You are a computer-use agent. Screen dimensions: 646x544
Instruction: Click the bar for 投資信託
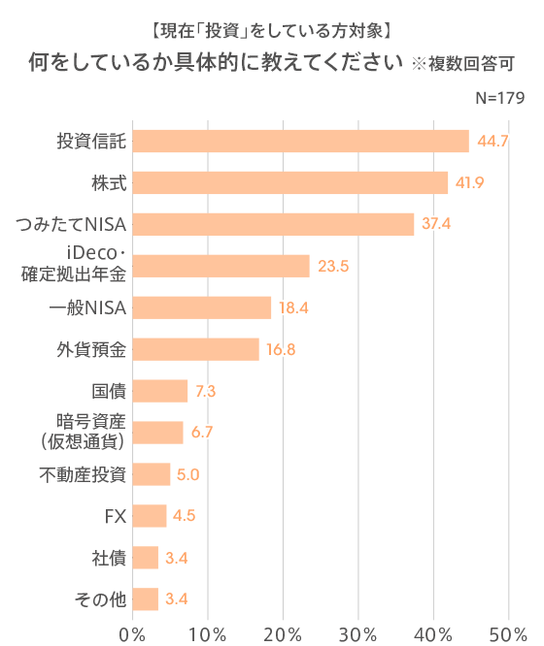(300, 142)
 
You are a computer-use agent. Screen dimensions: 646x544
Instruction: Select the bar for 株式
(289, 183)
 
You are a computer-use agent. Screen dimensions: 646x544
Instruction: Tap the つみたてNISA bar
(273, 225)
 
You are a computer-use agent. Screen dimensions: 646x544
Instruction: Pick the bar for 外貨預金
(195, 349)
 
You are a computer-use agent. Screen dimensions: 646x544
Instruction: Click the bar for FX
(149, 515)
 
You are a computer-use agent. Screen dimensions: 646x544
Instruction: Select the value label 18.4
(294, 308)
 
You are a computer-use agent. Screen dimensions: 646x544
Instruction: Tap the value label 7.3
(205, 392)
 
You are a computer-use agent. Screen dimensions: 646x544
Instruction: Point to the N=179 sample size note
(500, 99)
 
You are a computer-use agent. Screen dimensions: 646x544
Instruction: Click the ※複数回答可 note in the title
(462, 66)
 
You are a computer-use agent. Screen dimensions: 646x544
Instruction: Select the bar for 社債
(145, 557)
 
